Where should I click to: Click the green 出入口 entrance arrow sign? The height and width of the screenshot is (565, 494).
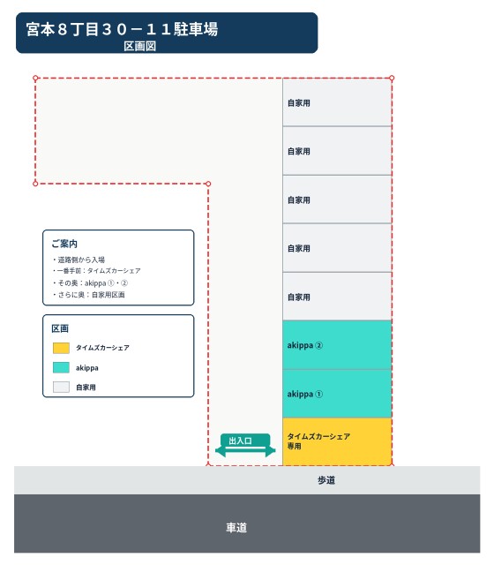[245, 445]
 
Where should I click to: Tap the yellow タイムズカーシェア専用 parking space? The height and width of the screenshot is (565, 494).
[337, 441]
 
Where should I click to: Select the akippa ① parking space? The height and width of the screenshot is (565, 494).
[337, 394]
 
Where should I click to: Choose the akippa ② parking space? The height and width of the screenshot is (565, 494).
[337, 345]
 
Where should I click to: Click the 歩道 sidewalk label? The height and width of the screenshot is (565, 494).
[326, 480]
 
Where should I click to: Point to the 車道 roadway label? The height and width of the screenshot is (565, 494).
[236, 528]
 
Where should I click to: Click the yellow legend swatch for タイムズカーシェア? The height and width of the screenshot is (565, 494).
[61, 348]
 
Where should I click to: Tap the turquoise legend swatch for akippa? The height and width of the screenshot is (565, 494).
[61, 367]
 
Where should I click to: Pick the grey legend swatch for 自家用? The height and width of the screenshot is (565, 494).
[61, 387]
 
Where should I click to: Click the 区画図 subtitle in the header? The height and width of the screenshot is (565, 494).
[139, 46]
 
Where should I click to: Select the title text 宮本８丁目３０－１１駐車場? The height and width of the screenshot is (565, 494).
[122, 29]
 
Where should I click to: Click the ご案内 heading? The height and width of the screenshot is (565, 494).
[64, 244]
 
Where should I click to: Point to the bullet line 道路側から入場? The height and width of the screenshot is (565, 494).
[79, 260]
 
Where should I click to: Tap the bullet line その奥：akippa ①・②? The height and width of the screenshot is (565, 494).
[90, 282]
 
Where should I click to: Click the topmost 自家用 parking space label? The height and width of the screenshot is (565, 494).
[298, 103]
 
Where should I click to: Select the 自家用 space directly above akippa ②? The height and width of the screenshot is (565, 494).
[337, 297]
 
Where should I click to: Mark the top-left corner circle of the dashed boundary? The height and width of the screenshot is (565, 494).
[35, 78]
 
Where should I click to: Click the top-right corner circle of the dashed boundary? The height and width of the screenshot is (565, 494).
[392, 78]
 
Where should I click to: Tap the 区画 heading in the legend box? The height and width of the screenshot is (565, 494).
[60, 328]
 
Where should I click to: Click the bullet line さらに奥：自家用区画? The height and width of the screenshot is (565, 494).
[89, 295]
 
